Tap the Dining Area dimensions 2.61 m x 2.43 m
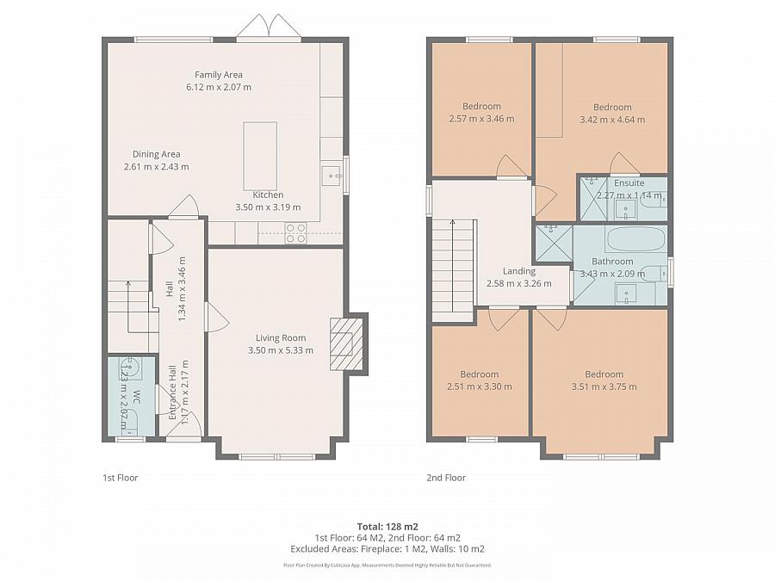point(156,167)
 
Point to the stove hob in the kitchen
point(295,233)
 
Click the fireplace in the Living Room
point(343,344)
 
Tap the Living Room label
point(281,338)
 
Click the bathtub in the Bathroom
point(635,238)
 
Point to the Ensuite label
point(629,183)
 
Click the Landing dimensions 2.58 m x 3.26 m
point(518,283)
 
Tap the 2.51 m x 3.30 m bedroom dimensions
point(479,386)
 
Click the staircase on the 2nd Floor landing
point(454,267)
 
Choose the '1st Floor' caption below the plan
point(120,478)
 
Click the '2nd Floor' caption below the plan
point(446,478)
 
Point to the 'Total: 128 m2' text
point(387,526)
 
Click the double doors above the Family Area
point(269,28)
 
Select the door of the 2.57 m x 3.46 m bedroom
point(509,168)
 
